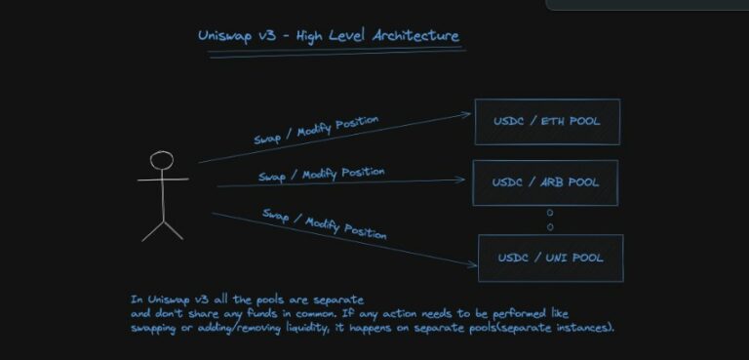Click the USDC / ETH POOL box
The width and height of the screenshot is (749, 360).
[546, 121]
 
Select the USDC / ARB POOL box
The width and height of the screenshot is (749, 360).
[545, 182]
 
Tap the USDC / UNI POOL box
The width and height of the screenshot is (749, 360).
[550, 258]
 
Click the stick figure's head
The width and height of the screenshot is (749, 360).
[162, 161]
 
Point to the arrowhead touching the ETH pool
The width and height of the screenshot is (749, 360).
[468, 114]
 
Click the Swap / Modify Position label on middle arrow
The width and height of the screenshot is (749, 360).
[321, 175]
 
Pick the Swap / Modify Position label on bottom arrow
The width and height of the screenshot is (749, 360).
[324, 223]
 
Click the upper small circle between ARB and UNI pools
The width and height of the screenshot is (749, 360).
[550, 213]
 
